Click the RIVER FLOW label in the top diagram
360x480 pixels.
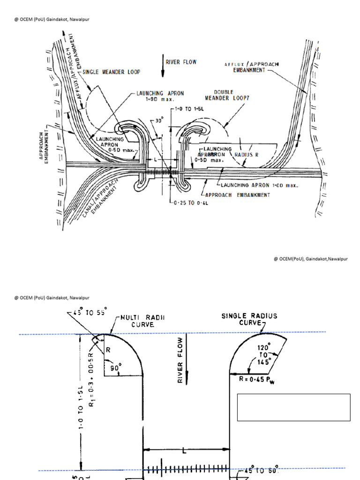coord(181,62)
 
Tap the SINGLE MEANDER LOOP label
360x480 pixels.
coord(112,72)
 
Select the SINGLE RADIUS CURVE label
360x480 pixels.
coord(249,319)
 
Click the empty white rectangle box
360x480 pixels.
coord(294,407)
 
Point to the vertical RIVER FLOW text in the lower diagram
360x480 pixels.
coord(180,360)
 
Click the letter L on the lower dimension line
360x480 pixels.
coord(184,451)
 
